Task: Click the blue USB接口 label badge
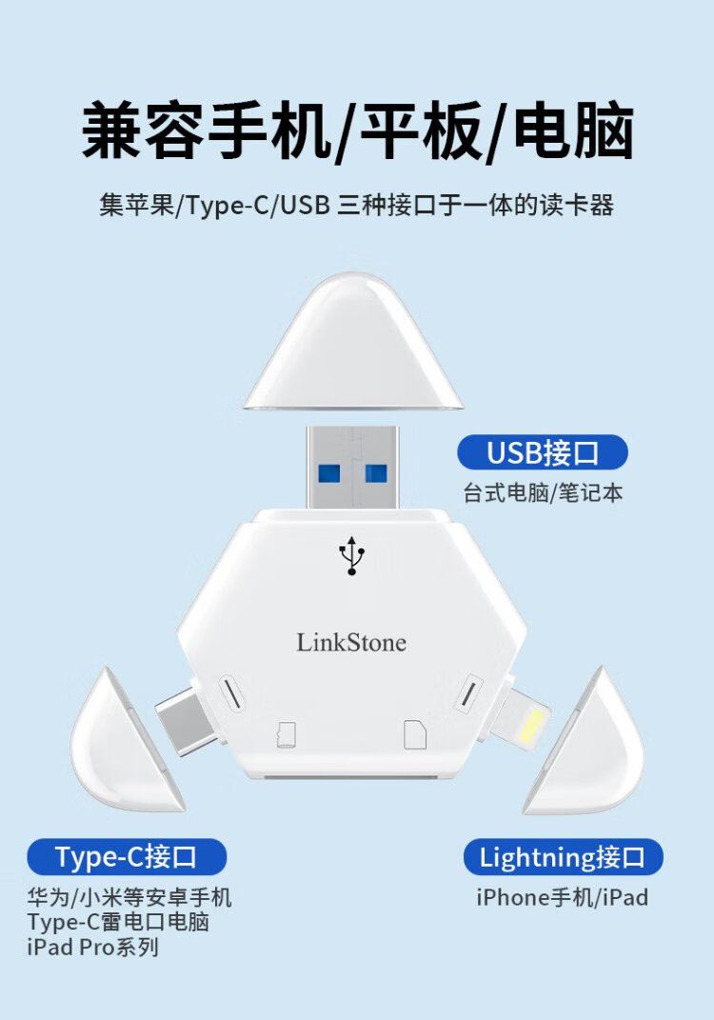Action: coord(543,453)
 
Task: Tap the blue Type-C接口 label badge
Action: coord(127,857)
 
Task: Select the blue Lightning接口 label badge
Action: coord(563,857)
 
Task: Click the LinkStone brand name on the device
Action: coord(351,643)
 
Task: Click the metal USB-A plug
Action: coord(352,468)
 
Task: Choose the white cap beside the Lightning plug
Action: coord(586,744)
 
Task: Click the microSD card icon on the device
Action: coord(286,734)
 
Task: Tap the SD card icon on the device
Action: coord(415,734)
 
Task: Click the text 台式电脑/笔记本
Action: coord(543,494)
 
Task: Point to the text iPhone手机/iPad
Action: coord(562,897)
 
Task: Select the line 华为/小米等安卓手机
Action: coord(129,897)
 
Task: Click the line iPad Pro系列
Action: coord(93,947)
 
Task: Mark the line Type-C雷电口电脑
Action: coord(118,922)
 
